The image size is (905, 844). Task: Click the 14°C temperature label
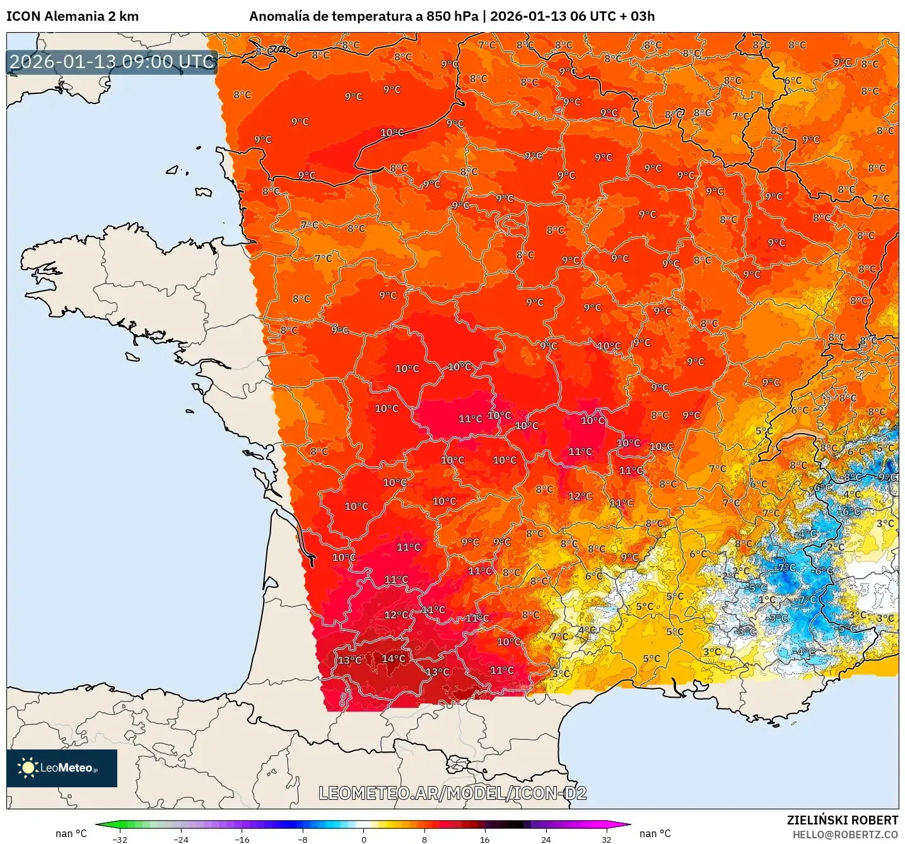click(x=394, y=659)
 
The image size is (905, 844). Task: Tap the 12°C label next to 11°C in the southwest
click(x=397, y=615)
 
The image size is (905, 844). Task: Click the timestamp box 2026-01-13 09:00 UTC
click(x=112, y=62)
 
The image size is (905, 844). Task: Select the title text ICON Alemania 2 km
click(x=73, y=16)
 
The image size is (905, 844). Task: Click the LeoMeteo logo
click(x=62, y=768)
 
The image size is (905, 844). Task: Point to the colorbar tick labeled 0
click(x=364, y=839)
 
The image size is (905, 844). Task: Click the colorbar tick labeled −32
click(x=120, y=839)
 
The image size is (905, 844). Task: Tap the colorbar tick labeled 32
click(x=606, y=839)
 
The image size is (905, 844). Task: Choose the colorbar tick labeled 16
click(x=484, y=839)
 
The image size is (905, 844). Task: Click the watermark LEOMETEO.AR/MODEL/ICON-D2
click(x=452, y=793)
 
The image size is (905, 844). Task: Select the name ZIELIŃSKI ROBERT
click(x=843, y=820)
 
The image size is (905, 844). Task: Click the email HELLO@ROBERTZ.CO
click(x=845, y=835)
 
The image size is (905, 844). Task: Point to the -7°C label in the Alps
click(x=786, y=567)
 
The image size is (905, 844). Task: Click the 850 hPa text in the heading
click(x=452, y=16)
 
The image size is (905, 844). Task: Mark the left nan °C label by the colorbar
click(x=71, y=833)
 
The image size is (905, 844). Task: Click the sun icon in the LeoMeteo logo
click(x=28, y=768)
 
